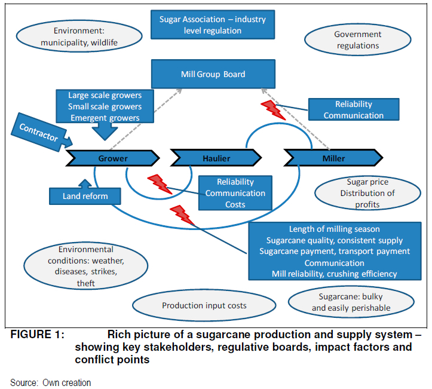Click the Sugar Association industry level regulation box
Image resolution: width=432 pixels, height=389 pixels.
213,25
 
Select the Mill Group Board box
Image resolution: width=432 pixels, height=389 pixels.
213,75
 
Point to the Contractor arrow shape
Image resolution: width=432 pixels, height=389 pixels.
38,131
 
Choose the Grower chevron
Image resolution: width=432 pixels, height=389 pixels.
113,158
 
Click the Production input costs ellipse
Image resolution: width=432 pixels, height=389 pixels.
204,305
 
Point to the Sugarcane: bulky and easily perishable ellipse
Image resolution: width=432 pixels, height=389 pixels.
351,303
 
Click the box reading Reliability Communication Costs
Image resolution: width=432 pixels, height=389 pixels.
235,193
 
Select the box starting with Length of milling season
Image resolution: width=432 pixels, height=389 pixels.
335,252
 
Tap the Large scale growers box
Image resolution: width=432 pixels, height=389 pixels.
105,106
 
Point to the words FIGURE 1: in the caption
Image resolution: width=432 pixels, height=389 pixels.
37,335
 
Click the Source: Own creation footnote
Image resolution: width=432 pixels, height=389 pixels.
51,382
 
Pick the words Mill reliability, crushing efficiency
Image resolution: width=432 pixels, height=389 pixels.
335,274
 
